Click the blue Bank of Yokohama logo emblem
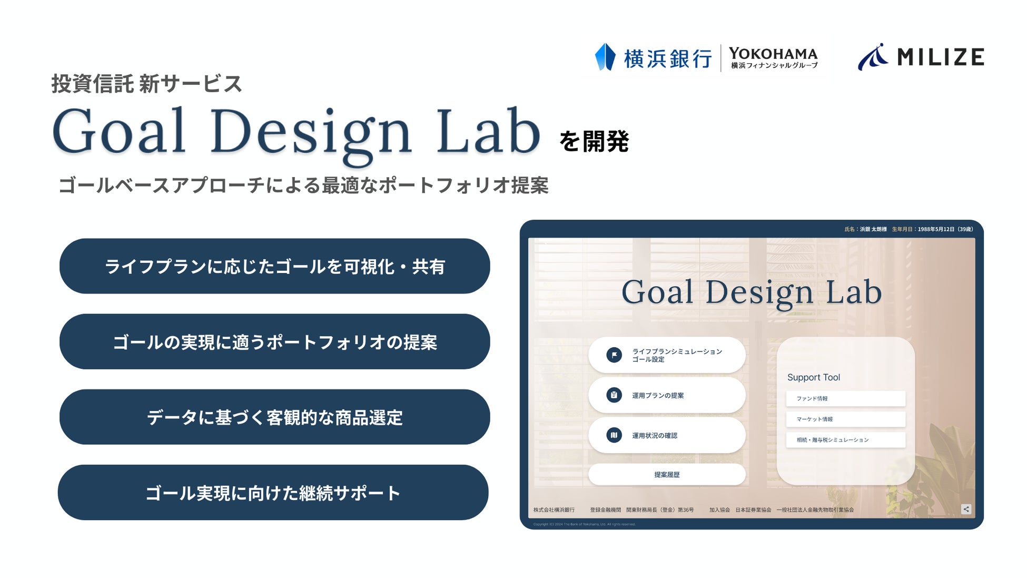tap(605, 57)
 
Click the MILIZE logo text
tap(940, 57)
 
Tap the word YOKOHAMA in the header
tap(773, 53)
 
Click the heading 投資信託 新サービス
tap(146, 84)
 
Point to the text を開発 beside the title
tap(594, 141)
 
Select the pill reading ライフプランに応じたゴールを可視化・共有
tap(274, 267)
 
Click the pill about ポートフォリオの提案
tap(274, 342)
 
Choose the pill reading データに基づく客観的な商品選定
tap(274, 417)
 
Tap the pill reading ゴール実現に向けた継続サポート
tap(273, 493)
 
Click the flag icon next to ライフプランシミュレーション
tap(614, 355)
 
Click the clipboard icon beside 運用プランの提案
tap(614, 395)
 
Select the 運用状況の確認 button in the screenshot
tap(666, 435)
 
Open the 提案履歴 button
tap(666, 475)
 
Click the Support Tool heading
tap(813, 377)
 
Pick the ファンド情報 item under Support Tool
tap(845, 398)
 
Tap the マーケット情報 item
tap(845, 419)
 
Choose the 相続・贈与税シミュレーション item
tap(845, 439)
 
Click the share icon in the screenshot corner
tap(966, 509)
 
